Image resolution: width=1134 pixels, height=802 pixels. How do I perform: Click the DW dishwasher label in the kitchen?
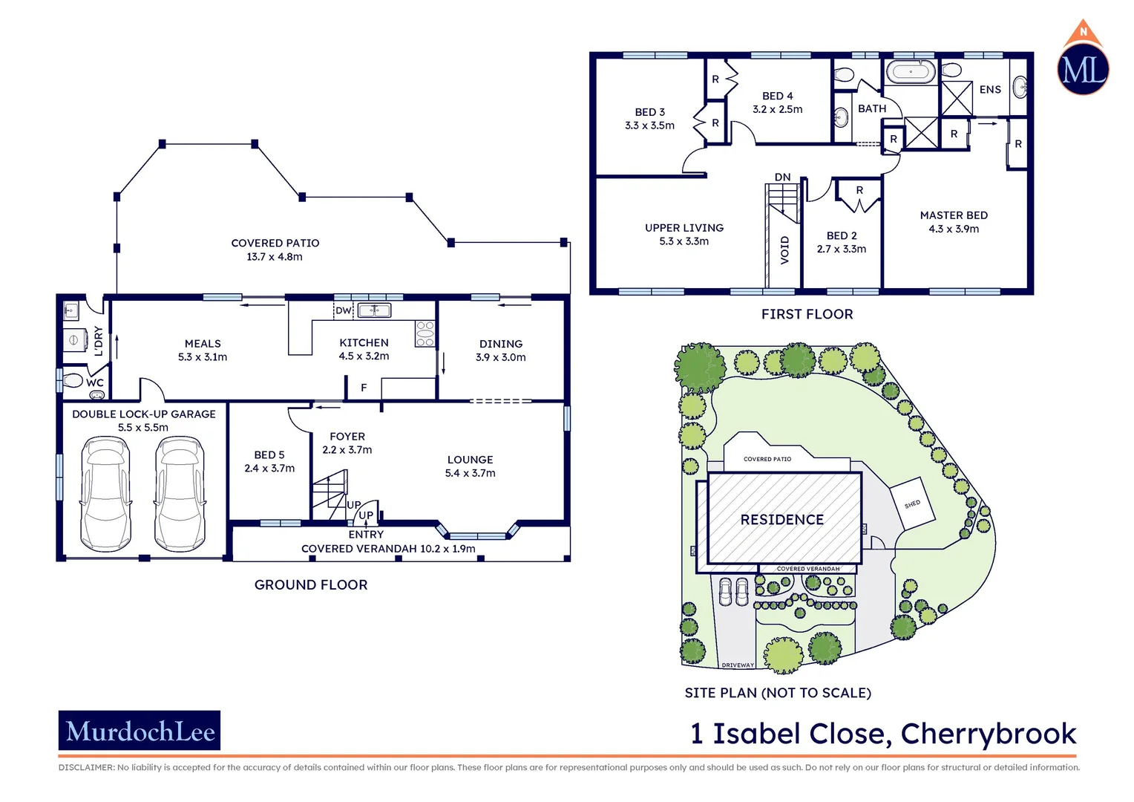coord(343,310)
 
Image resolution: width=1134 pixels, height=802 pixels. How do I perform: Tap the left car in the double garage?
coord(105,493)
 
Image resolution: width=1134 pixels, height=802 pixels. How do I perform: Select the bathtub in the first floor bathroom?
coord(910,72)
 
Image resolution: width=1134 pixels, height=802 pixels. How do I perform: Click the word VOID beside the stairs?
coord(784,250)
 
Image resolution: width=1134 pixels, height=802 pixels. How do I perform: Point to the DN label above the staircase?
coord(782,177)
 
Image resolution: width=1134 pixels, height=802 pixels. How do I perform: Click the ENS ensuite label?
coord(990,90)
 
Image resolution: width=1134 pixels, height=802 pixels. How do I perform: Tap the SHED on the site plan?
coord(912,503)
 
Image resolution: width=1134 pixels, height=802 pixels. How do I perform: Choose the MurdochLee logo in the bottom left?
coord(140,731)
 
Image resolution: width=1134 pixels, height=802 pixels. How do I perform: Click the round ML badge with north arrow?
coord(1083,68)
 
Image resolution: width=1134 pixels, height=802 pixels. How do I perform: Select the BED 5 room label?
coord(269,454)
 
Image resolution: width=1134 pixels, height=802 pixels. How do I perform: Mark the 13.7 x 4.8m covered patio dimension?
coord(275,257)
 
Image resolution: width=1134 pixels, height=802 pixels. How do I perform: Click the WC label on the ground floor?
coord(95,383)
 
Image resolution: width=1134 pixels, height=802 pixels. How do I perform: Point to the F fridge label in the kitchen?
coord(364,388)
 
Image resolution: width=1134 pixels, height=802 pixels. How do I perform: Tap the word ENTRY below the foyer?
coord(366,535)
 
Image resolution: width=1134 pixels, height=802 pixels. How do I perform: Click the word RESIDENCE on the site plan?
coord(782,520)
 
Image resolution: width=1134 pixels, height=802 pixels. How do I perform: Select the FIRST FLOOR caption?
coord(807,314)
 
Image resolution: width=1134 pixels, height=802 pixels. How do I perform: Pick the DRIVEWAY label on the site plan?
coord(738,665)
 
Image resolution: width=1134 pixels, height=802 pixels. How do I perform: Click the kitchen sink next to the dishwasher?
coord(374,310)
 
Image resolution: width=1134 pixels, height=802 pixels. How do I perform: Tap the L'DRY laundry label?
coord(98,341)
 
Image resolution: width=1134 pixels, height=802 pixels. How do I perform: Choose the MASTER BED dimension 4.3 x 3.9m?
coord(954,229)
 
